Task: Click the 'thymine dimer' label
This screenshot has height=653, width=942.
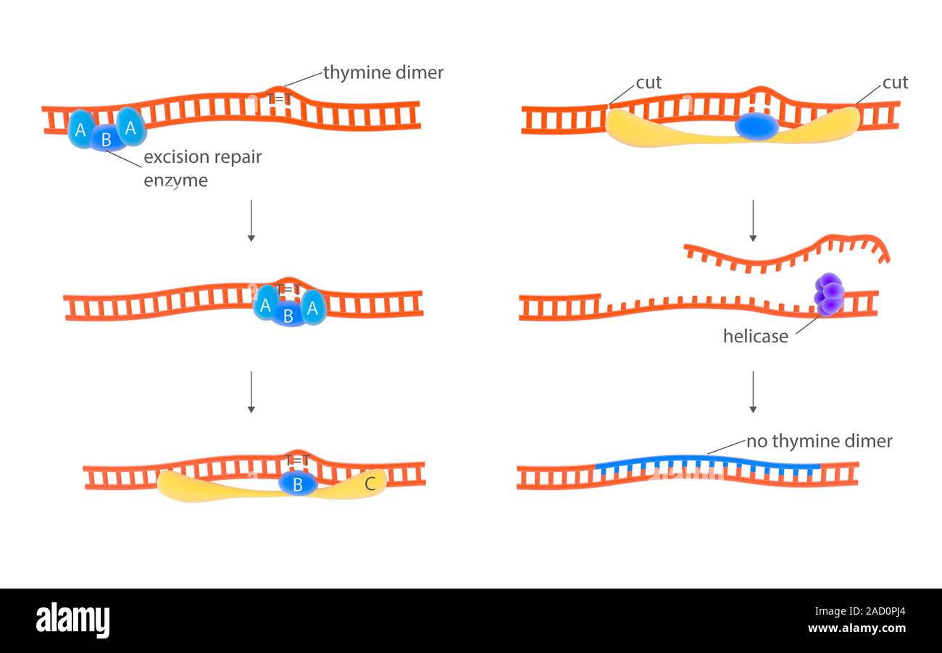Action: pos(383,72)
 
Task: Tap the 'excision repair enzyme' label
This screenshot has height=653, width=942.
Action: pos(202,168)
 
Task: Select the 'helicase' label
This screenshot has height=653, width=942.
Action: pos(755,336)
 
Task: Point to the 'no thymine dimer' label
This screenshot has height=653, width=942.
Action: pos(819,441)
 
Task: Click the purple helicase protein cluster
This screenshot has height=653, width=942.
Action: pos(829,294)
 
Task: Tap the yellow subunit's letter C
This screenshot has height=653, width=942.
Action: pos(370,484)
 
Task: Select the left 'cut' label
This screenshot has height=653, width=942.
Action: pos(649,83)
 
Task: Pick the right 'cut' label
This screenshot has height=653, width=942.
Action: pos(895,83)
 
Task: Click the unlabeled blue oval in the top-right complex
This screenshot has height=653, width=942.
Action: pos(756,126)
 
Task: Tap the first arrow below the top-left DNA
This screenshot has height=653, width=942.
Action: pos(251,220)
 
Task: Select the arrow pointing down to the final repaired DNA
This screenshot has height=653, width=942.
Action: pos(753,392)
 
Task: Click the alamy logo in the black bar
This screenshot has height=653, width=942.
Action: pos(72,620)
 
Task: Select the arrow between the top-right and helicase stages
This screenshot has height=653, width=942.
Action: pos(753,220)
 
